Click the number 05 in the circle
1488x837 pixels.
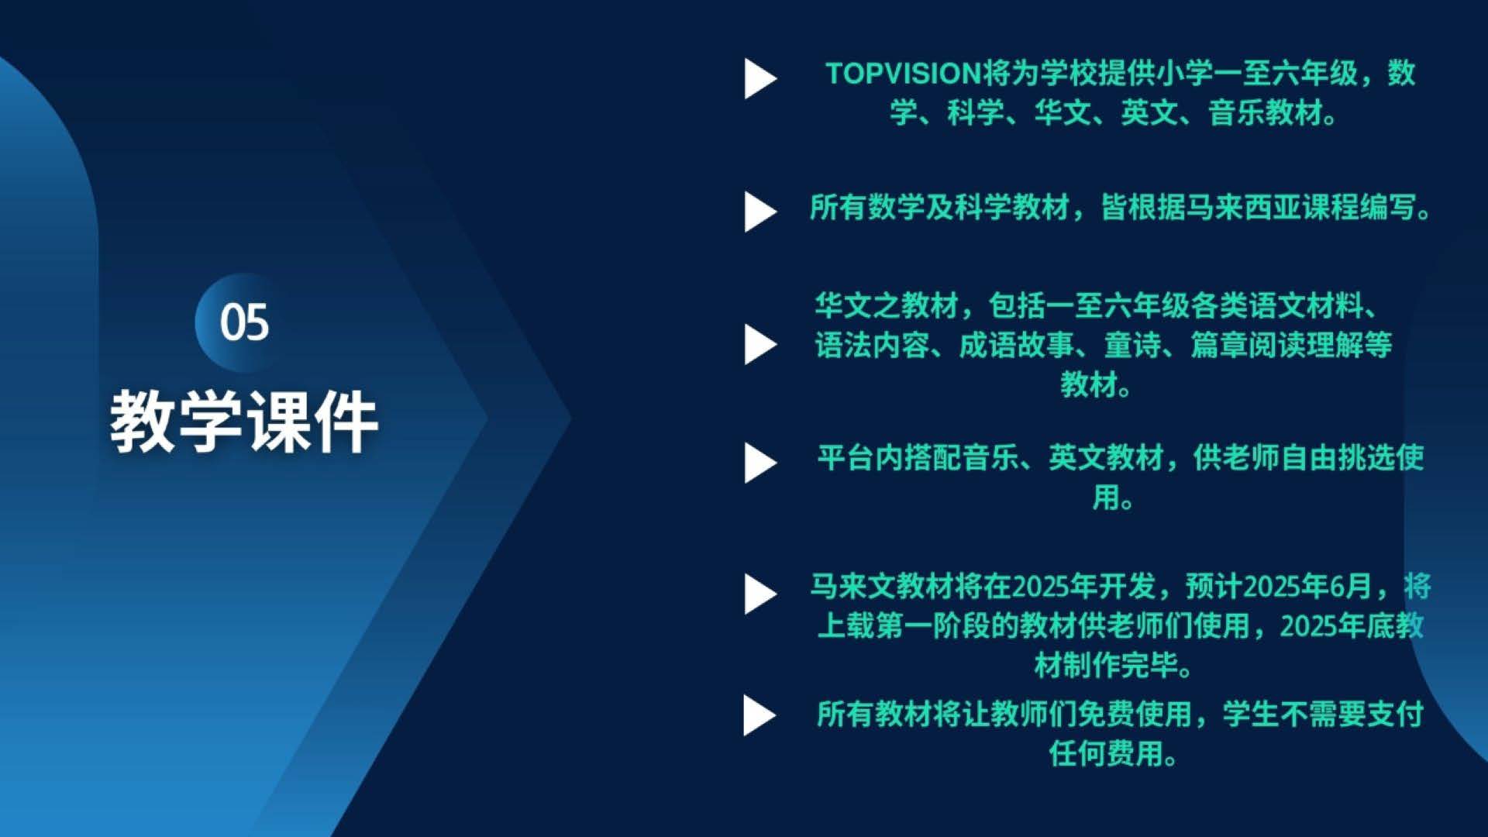pos(244,322)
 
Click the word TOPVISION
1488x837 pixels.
pos(904,74)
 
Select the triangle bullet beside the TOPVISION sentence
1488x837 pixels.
pos(760,78)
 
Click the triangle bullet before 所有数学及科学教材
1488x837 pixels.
pos(760,212)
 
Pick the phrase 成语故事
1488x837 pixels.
pos(1017,345)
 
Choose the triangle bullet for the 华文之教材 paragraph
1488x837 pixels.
pos(760,344)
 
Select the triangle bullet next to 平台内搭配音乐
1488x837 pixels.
pos(760,463)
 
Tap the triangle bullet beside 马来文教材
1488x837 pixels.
pos(760,594)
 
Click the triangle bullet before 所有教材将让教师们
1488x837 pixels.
pos(759,715)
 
